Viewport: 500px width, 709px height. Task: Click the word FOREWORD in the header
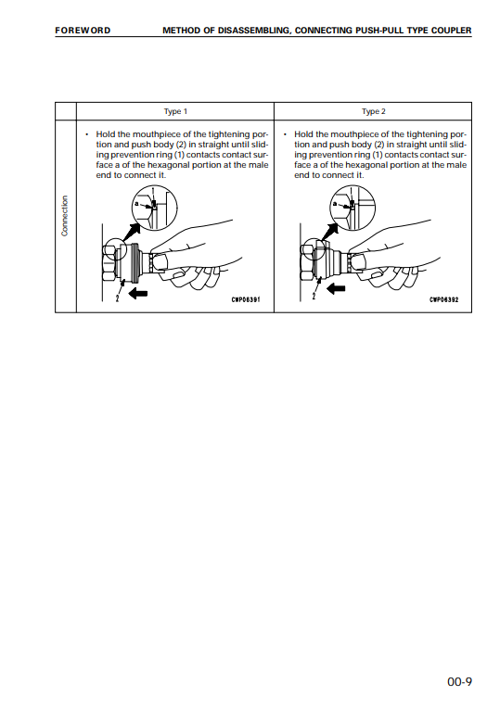click(x=83, y=31)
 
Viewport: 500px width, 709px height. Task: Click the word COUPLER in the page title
click(x=452, y=31)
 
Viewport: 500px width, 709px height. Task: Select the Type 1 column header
click(x=175, y=111)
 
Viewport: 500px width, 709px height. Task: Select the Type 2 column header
click(x=374, y=111)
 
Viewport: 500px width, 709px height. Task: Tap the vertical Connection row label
click(x=65, y=216)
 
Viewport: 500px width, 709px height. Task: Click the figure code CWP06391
click(x=246, y=299)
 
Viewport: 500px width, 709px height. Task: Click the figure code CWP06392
click(x=444, y=299)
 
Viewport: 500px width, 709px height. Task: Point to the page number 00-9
click(x=459, y=681)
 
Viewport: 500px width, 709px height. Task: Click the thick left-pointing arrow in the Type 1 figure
click(x=138, y=293)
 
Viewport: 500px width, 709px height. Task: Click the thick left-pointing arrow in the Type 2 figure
click(x=336, y=288)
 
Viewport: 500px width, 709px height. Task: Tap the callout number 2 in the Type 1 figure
click(x=117, y=298)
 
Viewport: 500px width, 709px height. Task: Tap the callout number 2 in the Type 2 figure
click(x=314, y=297)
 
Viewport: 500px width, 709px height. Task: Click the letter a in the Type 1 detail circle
click(x=135, y=203)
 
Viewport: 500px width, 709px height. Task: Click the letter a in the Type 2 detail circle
click(x=334, y=204)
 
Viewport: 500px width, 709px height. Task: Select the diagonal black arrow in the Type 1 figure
click(x=131, y=233)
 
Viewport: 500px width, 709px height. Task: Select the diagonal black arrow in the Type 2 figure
click(x=329, y=233)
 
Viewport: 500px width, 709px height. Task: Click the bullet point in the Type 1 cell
click(x=87, y=134)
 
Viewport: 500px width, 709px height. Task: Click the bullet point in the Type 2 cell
click(x=285, y=134)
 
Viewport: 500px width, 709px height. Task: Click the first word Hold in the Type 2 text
click(x=303, y=134)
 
